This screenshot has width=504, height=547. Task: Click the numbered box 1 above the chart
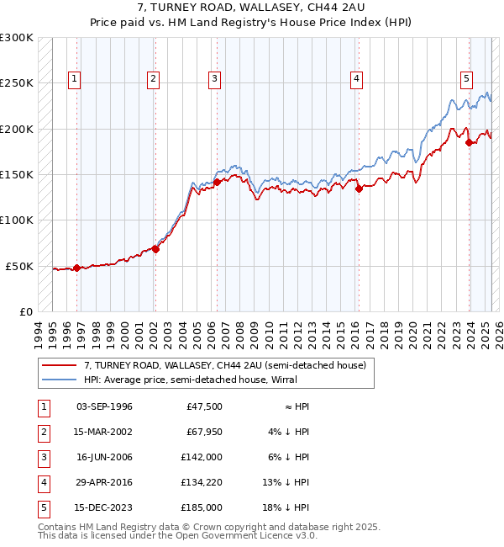(x=75, y=79)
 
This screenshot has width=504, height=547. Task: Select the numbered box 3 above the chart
(x=215, y=79)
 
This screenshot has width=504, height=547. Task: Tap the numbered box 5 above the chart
(x=465, y=79)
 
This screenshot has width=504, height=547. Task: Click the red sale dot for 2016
(x=359, y=189)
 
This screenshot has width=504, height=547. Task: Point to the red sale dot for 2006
(x=217, y=182)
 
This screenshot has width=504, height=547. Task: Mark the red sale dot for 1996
(x=77, y=268)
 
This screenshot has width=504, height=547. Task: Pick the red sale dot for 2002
(x=155, y=249)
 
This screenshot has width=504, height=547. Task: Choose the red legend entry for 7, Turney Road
(x=224, y=366)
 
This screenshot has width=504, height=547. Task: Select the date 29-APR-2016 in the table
(x=104, y=482)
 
